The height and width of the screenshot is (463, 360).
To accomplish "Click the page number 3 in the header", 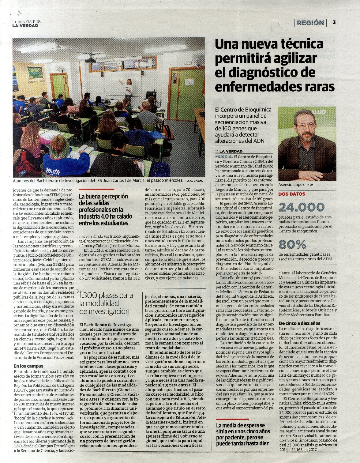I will pyautogui.click(x=334, y=22).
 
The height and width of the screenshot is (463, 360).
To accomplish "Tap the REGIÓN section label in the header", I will pyautogui.click(x=310, y=23).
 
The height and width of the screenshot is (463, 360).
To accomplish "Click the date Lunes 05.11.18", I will pyautogui.click(x=27, y=22).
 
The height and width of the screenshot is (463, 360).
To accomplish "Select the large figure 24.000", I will pyautogui.click(x=301, y=207).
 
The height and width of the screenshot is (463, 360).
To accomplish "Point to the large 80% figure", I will pyautogui.click(x=292, y=244).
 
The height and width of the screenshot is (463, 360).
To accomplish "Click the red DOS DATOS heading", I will pyautogui.click(x=292, y=194).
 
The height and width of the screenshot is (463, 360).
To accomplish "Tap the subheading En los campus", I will pyautogui.click(x=28, y=366).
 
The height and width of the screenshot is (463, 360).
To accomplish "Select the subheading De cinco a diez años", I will pyautogui.click(x=299, y=323).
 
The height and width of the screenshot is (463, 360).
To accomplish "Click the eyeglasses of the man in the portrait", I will pyautogui.click(x=306, y=125).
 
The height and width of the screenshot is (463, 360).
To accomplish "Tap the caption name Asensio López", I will pyautogui.click(x=291, y=185).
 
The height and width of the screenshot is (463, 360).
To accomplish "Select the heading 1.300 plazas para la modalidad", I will pyautogui.click(x=106, y=303).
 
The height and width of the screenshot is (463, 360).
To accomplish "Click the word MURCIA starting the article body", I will pyautogui.click(x=223, y=156).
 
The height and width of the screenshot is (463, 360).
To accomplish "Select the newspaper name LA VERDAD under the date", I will pyautogui.click(x=25, y=26).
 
